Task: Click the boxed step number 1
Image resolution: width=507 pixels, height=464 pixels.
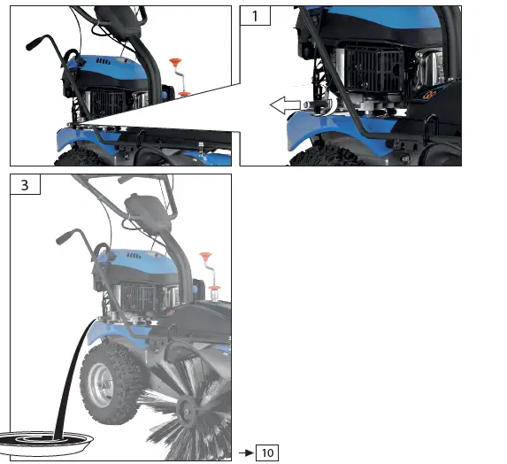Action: click(255, 17)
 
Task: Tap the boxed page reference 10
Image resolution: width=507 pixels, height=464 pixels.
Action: click(266, 453)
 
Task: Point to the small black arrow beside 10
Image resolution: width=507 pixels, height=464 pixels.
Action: click(246, 453)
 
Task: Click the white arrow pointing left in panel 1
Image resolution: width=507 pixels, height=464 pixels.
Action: click(286, 106)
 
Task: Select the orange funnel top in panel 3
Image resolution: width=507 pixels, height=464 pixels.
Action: click(206, 257)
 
